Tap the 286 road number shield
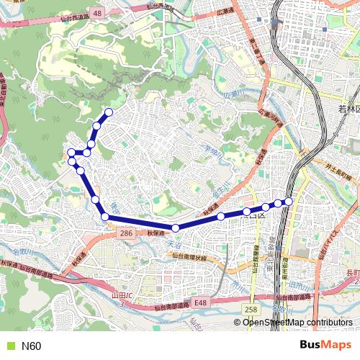pyautogui.click(x=125, y=234)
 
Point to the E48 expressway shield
pyautogui.click(x=199, y=303)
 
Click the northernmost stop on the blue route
pyautogui.click(x=109, y=112)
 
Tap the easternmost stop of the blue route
pyautogui.click(x=289, y=200)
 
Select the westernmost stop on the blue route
pyautogui.click(x=71, y=153)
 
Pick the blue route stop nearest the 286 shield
pyautogui.click(x=104, y=216)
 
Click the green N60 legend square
pyautogui.click(x=10, y=346)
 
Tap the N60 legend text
pyautogui.click(x=32, y=346)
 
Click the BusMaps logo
pyautogui.click(x=325, y=346)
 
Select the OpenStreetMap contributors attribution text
pyautogui.click(x=297, y=323)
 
